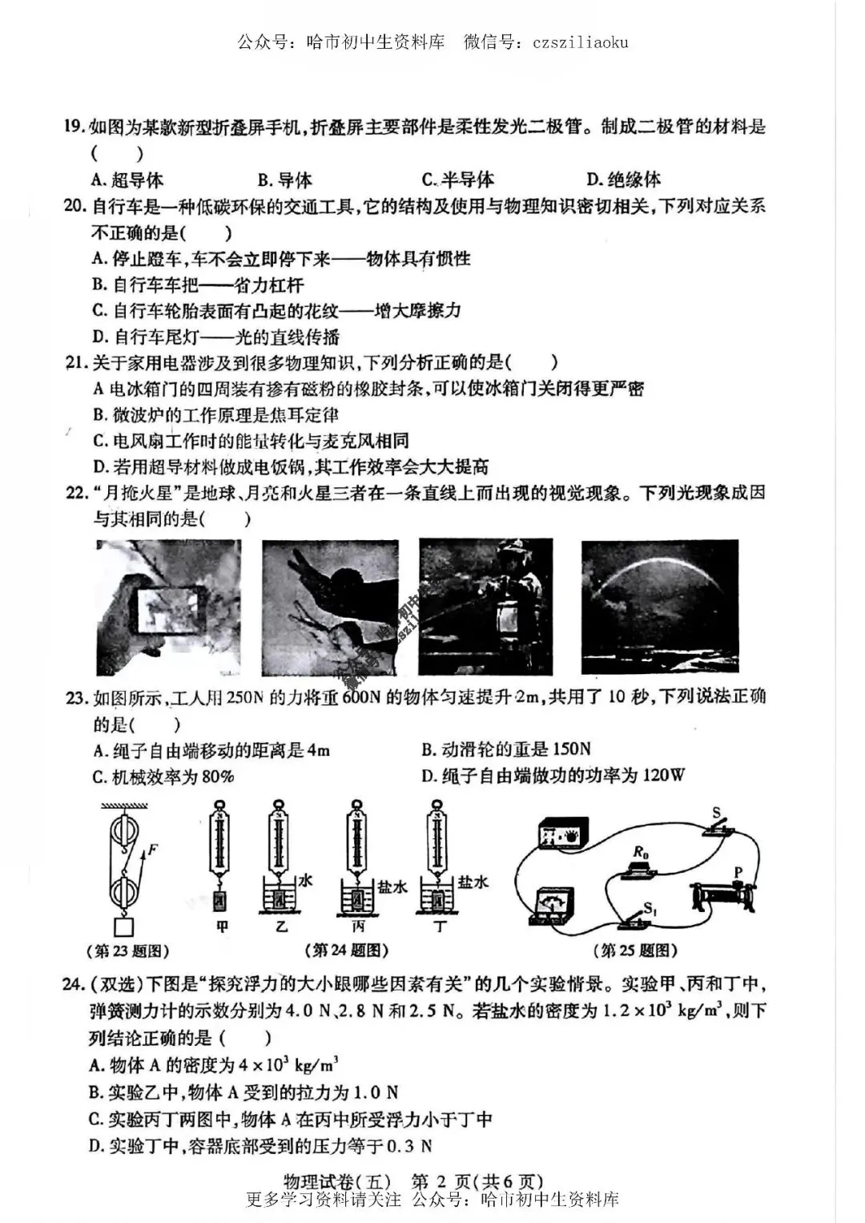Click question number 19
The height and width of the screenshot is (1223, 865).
[74, 127]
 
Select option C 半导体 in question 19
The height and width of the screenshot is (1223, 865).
[457, 180]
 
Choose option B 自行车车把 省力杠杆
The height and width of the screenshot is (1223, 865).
[198, 285]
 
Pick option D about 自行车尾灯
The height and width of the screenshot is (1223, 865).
[215, 337]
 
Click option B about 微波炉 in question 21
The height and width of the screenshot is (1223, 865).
[215, 414]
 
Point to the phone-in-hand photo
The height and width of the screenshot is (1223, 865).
[168, 607]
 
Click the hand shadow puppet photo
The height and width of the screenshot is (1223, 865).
[330, 607]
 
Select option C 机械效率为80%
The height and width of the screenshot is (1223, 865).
[163, 777]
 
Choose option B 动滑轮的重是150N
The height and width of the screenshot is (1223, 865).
[505, 749]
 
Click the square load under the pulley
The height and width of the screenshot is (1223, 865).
[124, 927]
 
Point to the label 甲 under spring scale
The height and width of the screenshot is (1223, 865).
[222, 926]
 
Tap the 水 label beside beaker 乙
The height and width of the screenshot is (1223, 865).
[304, 881]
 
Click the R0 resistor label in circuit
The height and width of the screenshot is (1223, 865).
[639, 852]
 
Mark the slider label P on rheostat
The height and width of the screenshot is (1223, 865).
[738, 872]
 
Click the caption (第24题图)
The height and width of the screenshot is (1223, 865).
[347, 951]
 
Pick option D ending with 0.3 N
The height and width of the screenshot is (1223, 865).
[260, 1145]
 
